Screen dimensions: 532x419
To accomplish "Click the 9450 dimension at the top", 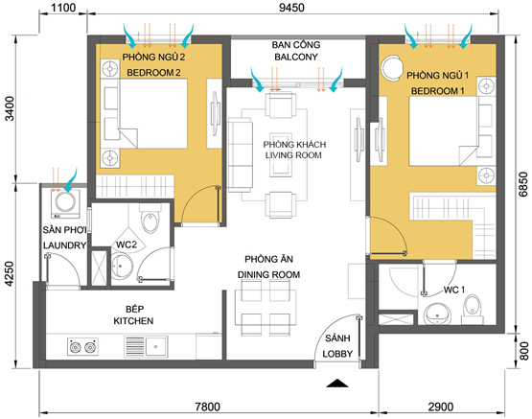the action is point(291,8).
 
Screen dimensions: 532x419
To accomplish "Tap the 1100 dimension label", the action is point(63,8).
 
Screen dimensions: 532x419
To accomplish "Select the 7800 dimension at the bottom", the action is point(207,407).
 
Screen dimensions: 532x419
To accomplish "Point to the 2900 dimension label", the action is point(441,407).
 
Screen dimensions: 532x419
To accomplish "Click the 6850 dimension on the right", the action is point(523,184).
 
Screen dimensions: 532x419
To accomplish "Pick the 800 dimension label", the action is point(524,351).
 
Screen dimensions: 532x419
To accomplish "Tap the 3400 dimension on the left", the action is point(10,108).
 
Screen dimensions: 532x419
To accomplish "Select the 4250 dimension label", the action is point(10,273).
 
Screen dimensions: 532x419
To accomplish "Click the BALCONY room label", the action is point(296,57).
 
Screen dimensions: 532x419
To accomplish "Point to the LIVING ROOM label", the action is point(293,155).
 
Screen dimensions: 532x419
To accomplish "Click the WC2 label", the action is point(127,244).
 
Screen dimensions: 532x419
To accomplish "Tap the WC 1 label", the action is point(454,290).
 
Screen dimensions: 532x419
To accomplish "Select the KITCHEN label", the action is point(133,320).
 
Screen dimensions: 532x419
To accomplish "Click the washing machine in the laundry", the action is point(65,203).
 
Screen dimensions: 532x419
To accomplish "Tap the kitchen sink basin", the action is point(156,346).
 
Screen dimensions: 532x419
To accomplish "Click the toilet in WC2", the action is point(150,220).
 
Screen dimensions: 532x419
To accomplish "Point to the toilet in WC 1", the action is point(472,310).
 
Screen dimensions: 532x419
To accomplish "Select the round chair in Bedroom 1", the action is point(391,67).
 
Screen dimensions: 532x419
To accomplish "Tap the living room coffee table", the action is point(281,154).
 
